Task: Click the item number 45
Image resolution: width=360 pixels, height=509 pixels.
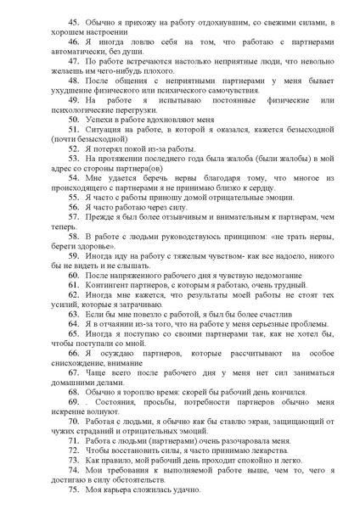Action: (74, 20)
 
